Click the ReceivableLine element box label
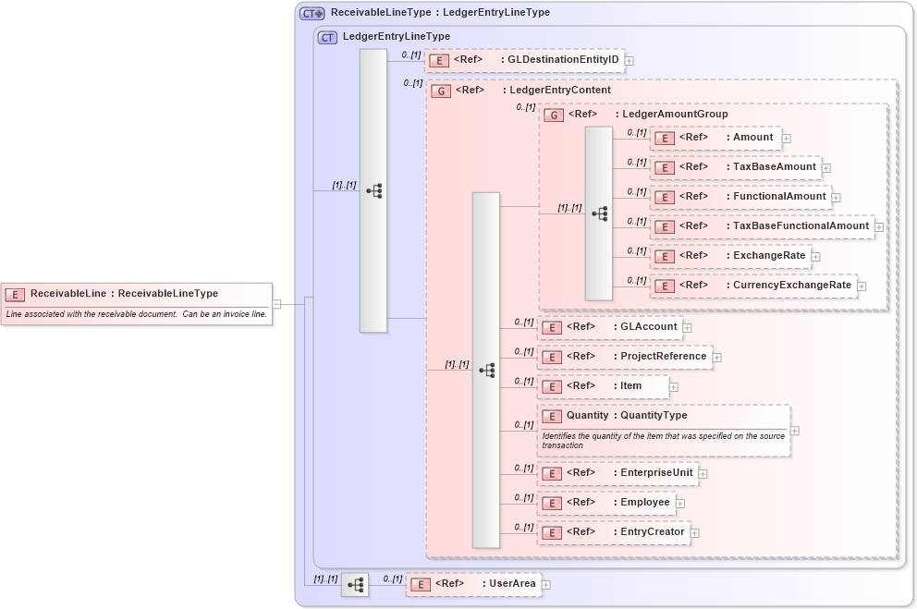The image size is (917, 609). (x=124, y=294)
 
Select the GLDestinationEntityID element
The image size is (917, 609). (x=524, y=60)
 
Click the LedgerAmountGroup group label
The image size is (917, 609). (x=647, y=115)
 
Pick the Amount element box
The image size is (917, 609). (x=716, y=138)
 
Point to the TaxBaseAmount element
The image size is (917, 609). (x=736, y=167)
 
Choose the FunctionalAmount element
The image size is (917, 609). (x=740, y=197)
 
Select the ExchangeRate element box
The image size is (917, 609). (x=730, y=256)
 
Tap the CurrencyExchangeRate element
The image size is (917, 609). (x=753, y=286)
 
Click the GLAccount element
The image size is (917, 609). (x=610, y=327)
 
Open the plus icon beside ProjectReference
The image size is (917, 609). (x=717, y=357)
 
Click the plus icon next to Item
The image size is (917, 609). (x=674, y=387)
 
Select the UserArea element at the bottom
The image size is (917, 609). (x=474, y=584)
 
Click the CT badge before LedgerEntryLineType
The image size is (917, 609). (x=327, y=37)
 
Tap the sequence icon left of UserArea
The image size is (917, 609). (x=355, y=584)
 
